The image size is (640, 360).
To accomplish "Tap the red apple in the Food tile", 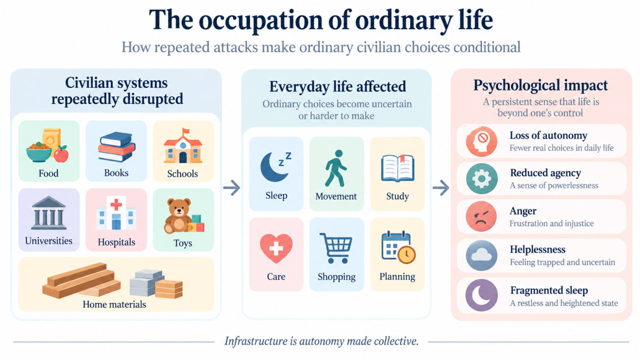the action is coord(61,154).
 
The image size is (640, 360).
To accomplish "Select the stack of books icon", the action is coord(116,146).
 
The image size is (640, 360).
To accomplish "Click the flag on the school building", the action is coord(185,131).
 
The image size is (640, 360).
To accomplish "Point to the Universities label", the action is coord(48,241).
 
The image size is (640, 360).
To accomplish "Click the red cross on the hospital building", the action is coord(116,204).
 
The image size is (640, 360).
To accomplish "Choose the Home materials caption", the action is coord(114,304).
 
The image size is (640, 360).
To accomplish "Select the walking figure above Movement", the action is coord(335,168).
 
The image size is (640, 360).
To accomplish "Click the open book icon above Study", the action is coord(397,168).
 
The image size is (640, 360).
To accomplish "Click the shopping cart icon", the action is coord(336,247).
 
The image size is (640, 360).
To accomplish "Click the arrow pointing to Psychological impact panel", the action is coord(441,187).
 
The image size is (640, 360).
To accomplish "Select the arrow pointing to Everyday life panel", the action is coord(231,187).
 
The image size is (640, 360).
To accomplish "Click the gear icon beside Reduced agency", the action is coord(481,178).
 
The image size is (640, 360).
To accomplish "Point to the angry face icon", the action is coord(481,216).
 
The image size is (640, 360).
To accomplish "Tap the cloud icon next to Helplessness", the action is coord(481,255).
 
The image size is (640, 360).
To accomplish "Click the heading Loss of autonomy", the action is coord(548,135).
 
